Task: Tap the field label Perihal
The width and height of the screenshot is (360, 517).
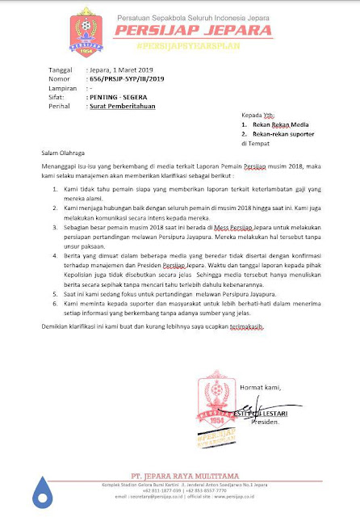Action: tap(60, 106)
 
